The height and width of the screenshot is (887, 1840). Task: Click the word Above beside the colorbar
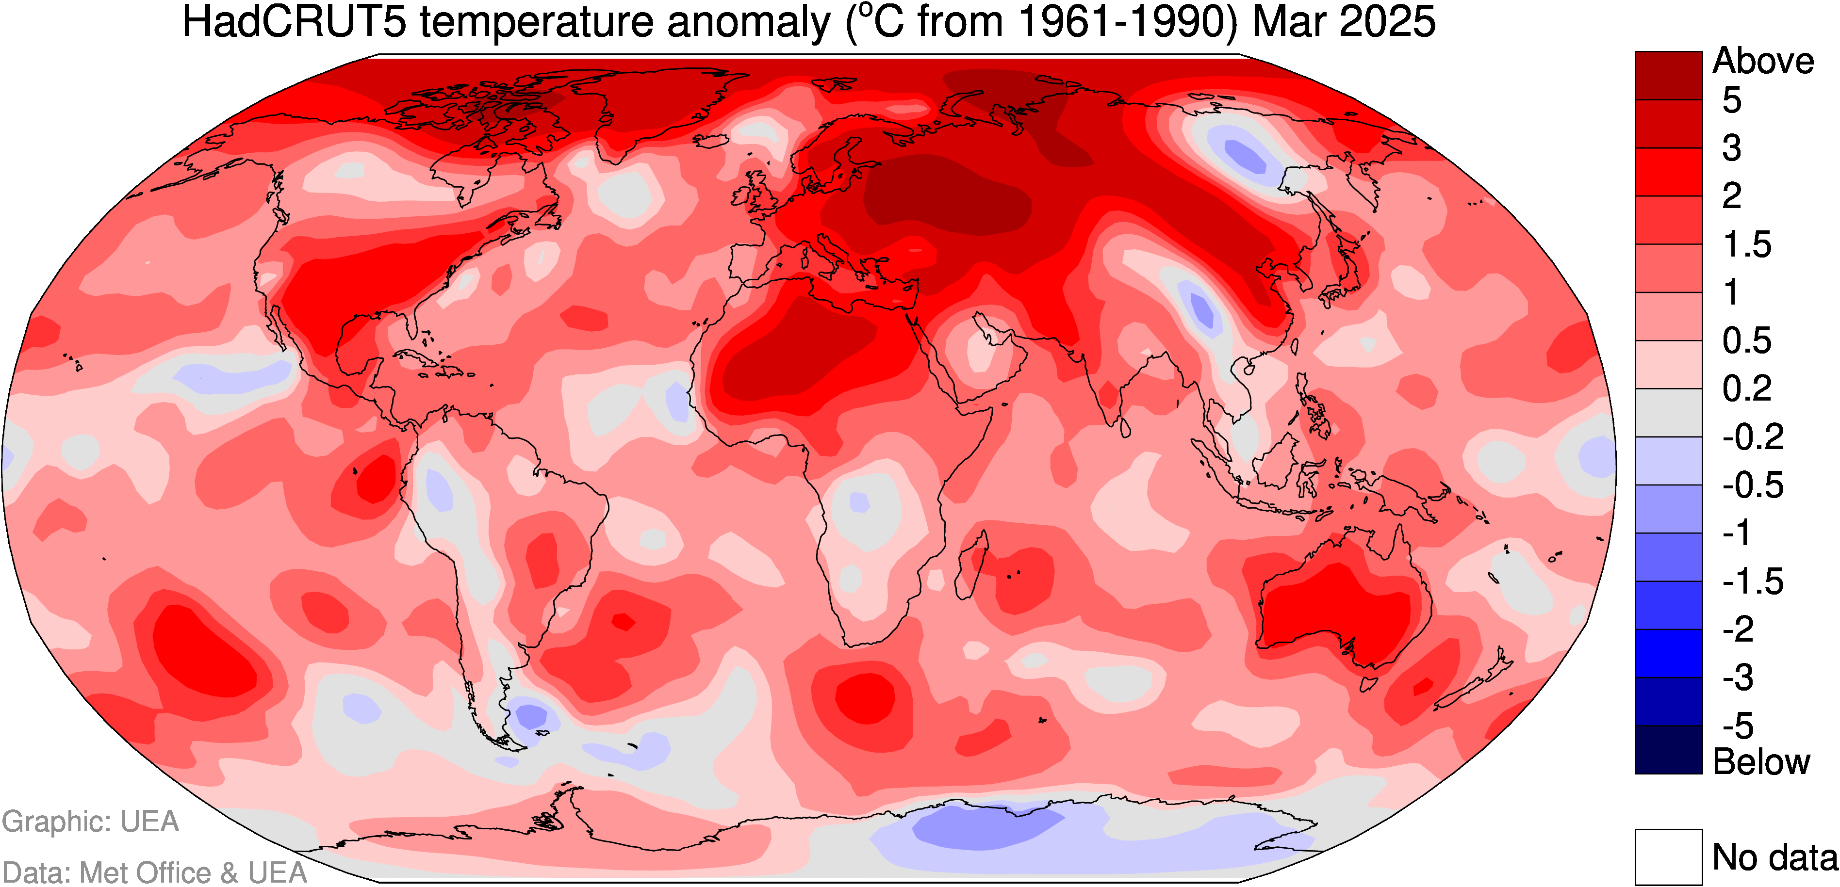click(x=1763, y=62)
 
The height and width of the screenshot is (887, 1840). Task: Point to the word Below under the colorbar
click(x=1761, y=762)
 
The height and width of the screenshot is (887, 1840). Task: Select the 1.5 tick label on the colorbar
click(x=1747, y=245)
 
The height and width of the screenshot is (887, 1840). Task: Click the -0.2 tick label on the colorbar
click(x=1752, y=436)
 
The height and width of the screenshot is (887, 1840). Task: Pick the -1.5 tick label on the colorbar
click(x=1752, y=581)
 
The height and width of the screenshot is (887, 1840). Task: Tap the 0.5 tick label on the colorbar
click(x=1747, y=340)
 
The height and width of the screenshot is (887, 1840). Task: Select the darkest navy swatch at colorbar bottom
click(x=1669, y=749)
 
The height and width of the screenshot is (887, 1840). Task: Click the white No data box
click(x=1669, y=856)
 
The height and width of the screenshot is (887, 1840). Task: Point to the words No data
click(x=1775, y=857)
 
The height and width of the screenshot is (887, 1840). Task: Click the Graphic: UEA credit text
click(x=91, y=822)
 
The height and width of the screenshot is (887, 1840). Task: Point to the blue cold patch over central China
click(x=1202, y=311)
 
